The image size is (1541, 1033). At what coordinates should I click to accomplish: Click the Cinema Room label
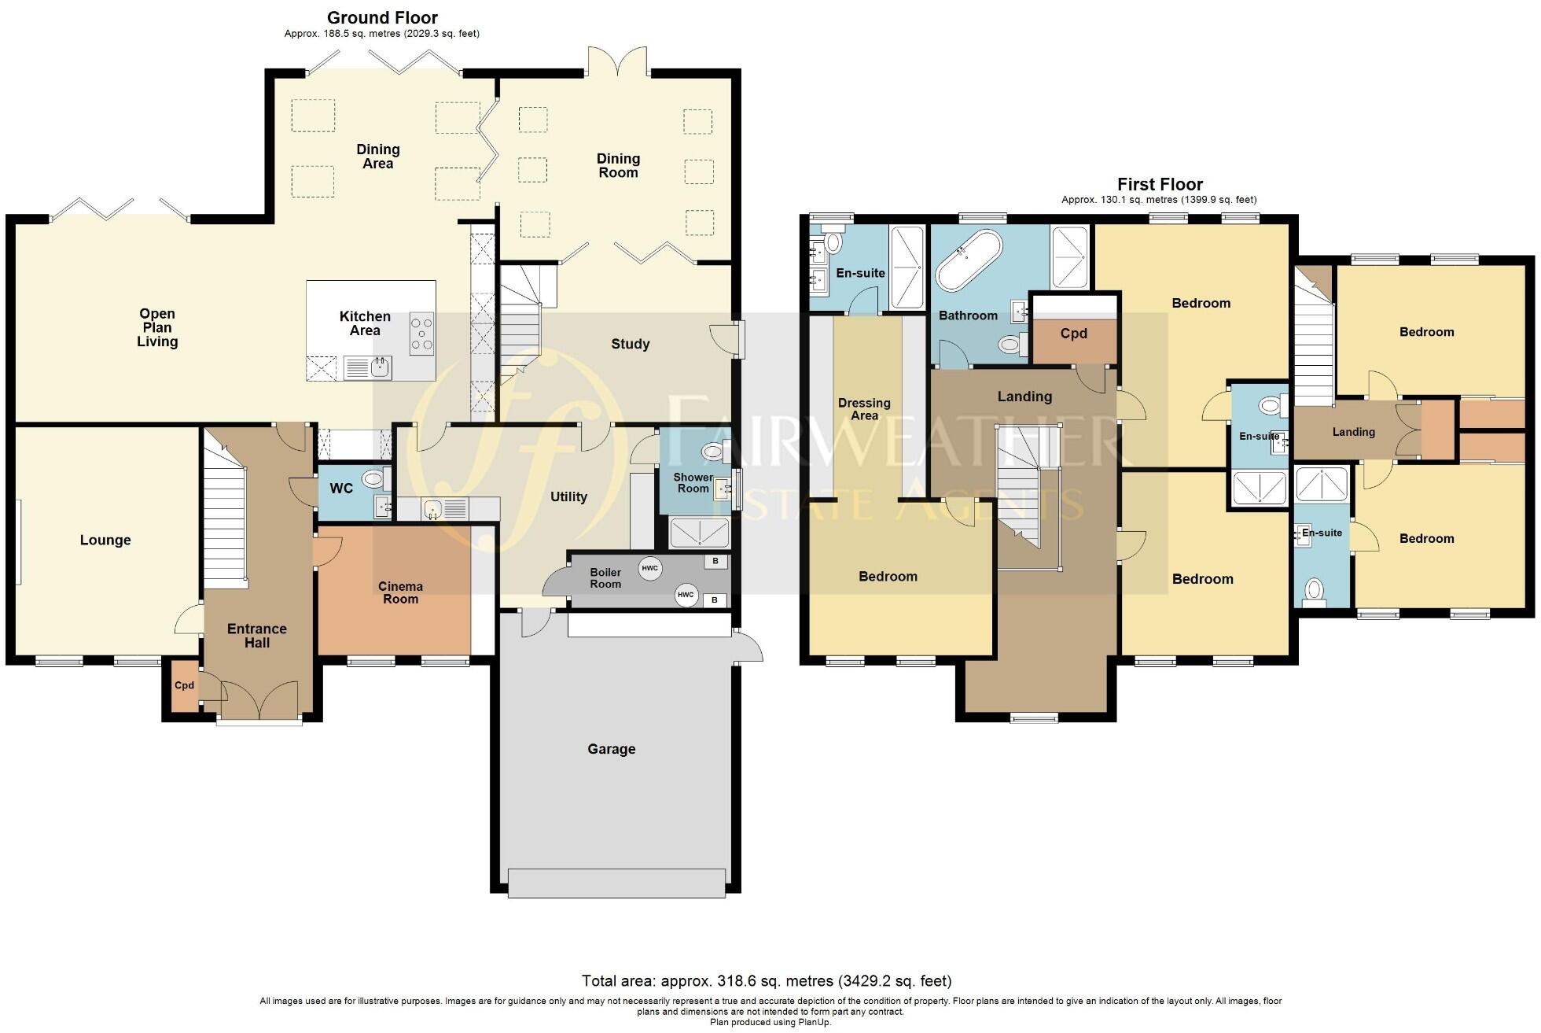(x=400, y=592)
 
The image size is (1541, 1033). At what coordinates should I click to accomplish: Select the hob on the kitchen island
(x=422, y=333)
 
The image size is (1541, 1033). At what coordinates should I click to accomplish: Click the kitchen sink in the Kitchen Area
(x=368, y=367)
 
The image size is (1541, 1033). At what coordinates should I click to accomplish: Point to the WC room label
(x=341, y=489)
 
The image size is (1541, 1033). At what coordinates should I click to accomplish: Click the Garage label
(x=611, y=749)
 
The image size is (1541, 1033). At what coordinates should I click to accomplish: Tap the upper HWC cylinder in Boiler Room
(x=649, y=569)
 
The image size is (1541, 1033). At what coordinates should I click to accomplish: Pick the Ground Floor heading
(x=382, y=17)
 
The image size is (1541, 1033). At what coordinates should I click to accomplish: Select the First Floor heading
(x=1160, y=184)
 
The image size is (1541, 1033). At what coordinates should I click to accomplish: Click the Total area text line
(x=767, y=981)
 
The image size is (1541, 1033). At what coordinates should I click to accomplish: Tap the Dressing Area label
(x=864, y=409)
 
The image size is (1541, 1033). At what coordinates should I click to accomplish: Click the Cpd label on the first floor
(x=1073, y=334)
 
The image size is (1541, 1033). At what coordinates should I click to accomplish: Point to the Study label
(x=630, y=344)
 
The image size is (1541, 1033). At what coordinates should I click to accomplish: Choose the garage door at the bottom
(x=616, y=882)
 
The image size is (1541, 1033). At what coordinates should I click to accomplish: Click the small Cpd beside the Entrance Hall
(x=184, y=686)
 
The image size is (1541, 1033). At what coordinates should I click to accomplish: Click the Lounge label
(x=105, y=540)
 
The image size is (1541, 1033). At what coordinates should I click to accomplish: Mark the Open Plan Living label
(x=157, y=327)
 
